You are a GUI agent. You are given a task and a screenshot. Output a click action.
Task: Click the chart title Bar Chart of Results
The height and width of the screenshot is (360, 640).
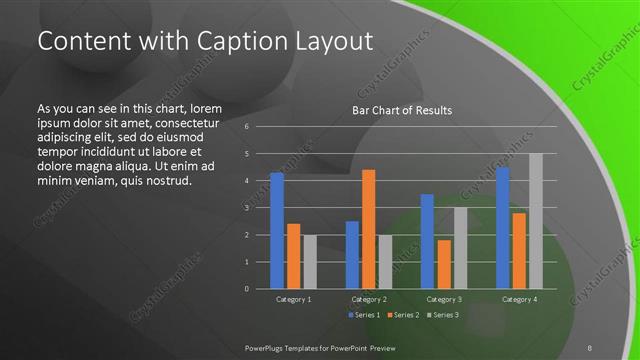pyautogui.click(x=402, y=110)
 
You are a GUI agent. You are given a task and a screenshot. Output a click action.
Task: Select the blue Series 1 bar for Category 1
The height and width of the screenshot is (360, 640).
pyautogui.click(x=277, y=230)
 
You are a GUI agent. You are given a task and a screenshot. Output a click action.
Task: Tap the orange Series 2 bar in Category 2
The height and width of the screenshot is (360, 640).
pyautogui.click(x=368, y=229)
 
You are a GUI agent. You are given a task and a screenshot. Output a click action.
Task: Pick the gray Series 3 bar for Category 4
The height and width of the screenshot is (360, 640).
pyautogui.click(x=535, y=221)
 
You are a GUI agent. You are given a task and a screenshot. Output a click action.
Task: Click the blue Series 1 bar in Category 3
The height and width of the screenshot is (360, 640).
pyautogui.click(x=427, y=241)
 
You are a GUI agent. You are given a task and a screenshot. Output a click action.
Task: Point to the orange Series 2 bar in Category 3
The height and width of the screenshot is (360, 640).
pyautogui.click(x=443, y=264)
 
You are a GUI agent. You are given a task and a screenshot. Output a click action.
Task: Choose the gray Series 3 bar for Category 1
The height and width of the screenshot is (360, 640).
pyautogui.click(x=308, y=262)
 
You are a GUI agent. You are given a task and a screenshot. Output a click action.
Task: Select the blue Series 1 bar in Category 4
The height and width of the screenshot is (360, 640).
pyautogui.click(x=503, y=227)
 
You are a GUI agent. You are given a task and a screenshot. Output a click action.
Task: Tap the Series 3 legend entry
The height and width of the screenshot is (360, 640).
pyautogui.click(x=446, y=315)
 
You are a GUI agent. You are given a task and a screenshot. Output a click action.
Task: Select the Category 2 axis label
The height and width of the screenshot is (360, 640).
pyautogui.click(x=368, y=299)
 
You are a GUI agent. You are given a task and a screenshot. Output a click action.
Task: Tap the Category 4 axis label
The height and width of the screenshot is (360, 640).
pyautogui.click(x=519, y=299)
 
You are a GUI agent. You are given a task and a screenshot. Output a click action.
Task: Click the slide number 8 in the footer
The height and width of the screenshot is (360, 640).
pyautogui.click(x=590, y=348)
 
